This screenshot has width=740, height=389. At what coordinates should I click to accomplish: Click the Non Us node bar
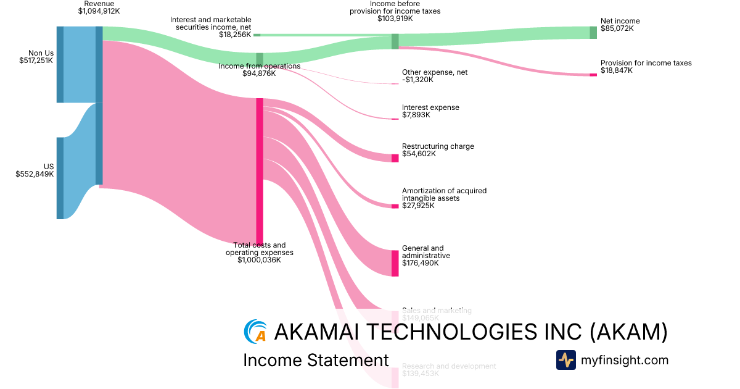click(x=60, y=64)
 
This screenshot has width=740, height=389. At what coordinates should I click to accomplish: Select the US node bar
click(x=60, y=178)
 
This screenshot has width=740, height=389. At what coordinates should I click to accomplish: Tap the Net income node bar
click(x=593, y=33)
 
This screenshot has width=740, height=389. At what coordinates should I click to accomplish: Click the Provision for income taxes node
click(x=593, y=75)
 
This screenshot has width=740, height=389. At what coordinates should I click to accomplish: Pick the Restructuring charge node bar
click(x=395, y=158)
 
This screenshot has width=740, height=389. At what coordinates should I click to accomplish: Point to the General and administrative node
click(x=395, y=263)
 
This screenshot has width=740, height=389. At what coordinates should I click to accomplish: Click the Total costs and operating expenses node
click(x=260, y=172)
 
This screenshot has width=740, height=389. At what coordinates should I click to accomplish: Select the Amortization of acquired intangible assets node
click(x=395, y=206)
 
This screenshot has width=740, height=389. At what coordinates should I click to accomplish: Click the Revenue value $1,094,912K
click(x=99, y=11)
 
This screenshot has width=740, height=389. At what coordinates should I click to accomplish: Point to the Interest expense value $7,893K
click(x=416, y=115)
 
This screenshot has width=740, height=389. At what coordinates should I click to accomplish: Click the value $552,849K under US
click(x=35, y=174)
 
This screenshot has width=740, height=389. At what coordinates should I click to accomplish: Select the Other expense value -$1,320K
click(x=417, y=80)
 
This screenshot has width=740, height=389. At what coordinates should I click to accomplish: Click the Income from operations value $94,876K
click(x=259, y=74)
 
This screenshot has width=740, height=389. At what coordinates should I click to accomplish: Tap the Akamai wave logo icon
click(x=255, y=332)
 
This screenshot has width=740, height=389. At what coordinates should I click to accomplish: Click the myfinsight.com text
click(x=625, y=360)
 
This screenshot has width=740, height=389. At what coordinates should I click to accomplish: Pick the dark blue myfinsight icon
click(x=565, y=360)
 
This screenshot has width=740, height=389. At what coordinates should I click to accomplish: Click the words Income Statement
click(x=316, y=360)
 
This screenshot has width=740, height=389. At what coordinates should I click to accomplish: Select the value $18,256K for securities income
click(x=235, y=35)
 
